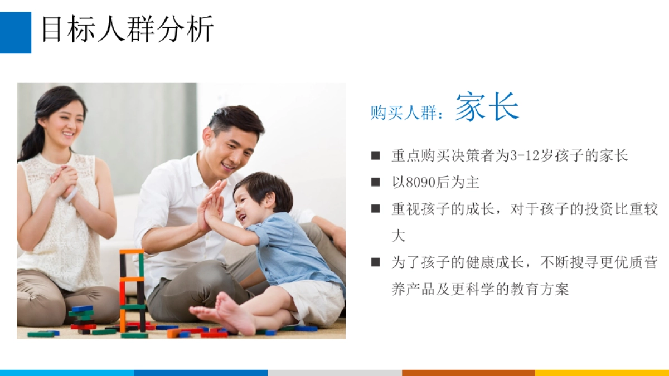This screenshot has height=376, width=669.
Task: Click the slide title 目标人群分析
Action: point(128,30)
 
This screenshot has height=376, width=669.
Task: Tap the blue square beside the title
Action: point(15,32)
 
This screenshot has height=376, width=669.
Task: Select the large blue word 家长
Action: point(487,108)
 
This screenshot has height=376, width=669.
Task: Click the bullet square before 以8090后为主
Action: point(376,183)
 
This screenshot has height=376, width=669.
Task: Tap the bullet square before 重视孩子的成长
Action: point(376,209)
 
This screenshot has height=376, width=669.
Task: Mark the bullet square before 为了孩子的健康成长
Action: point(376,262)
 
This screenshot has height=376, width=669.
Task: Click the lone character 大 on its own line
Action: point(397,236)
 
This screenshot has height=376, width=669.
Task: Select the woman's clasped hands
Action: point(64,181)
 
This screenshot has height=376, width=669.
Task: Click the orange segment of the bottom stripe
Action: point(468,373)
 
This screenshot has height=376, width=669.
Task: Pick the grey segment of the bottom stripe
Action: point(334,373)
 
